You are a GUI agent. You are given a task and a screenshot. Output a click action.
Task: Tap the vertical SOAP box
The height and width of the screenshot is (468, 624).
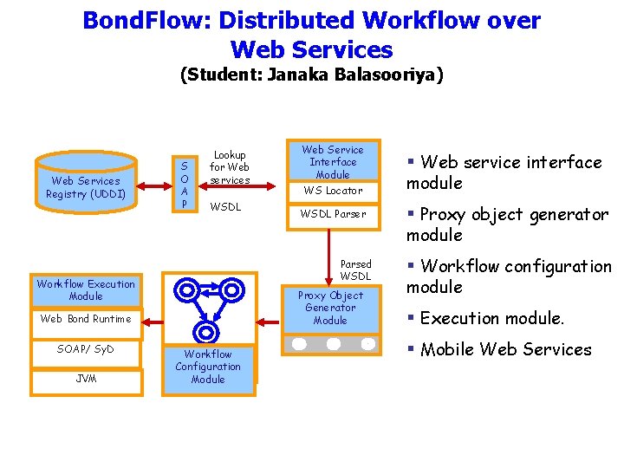[183, 184]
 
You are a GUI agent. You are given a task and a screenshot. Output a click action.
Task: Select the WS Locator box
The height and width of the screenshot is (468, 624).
[332, 191]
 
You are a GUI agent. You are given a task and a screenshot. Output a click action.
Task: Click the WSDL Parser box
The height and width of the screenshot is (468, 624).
[333, 213]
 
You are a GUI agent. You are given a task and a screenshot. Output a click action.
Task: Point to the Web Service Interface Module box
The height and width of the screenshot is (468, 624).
[333, 162]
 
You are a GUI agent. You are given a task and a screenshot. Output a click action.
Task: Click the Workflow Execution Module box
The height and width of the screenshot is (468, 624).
[86, 289]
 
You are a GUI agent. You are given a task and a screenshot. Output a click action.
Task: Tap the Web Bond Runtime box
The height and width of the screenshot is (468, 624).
[86, 319]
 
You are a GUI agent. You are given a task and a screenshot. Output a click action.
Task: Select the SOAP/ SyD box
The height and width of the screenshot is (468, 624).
[86, 349]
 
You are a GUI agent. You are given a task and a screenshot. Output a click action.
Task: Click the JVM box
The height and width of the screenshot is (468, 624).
[86, 380]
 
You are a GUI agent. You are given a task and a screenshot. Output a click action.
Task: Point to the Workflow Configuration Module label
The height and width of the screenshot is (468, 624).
[208, 367]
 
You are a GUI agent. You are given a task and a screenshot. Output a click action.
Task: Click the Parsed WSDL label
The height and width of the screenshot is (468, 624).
[355, 270]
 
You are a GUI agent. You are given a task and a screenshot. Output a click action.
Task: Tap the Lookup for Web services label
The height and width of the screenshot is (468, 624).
[230, 167]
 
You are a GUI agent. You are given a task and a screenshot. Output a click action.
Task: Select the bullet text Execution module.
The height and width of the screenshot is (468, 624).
[491, 319]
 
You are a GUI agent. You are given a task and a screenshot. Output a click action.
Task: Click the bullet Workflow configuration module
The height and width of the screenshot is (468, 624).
[509, 276]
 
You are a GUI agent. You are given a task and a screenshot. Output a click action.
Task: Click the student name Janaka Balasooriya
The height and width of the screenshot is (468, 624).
[355, 75]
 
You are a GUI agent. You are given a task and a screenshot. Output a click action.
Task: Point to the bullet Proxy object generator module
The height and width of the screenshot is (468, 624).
[507, 224]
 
